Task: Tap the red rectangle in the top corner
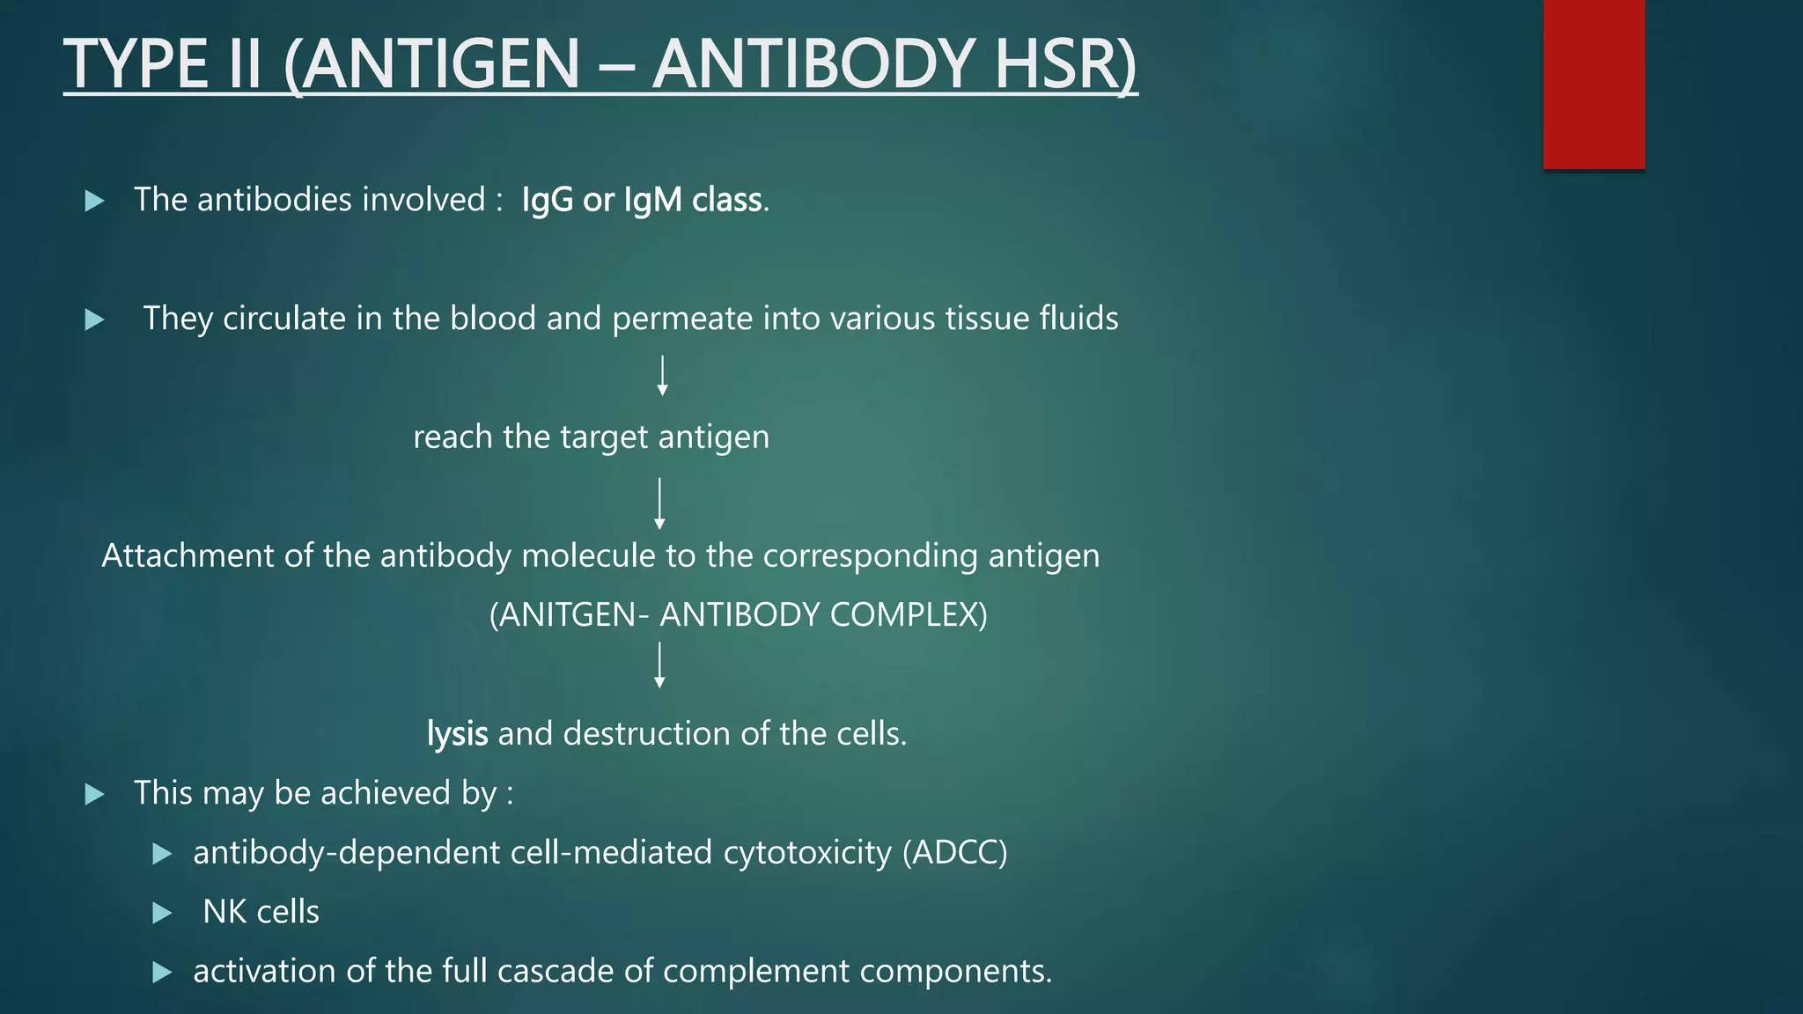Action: click(x=1593, y=84)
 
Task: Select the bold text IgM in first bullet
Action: click(x=652, y=201)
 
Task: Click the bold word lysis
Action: click(x=457, y=733)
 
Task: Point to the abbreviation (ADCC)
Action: click(x=954, y=853)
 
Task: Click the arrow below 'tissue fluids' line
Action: click(x=662, y=376)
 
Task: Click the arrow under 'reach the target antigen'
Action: click(x=659, y=503)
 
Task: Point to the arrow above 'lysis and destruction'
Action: click(x=659, y=665)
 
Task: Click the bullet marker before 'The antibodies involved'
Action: click(x=94, y=202)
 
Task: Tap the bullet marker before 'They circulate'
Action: click(x=94, y=320)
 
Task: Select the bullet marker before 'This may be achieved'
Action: click(x=94, y=795)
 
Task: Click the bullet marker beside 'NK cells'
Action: click(x=161, y=914)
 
